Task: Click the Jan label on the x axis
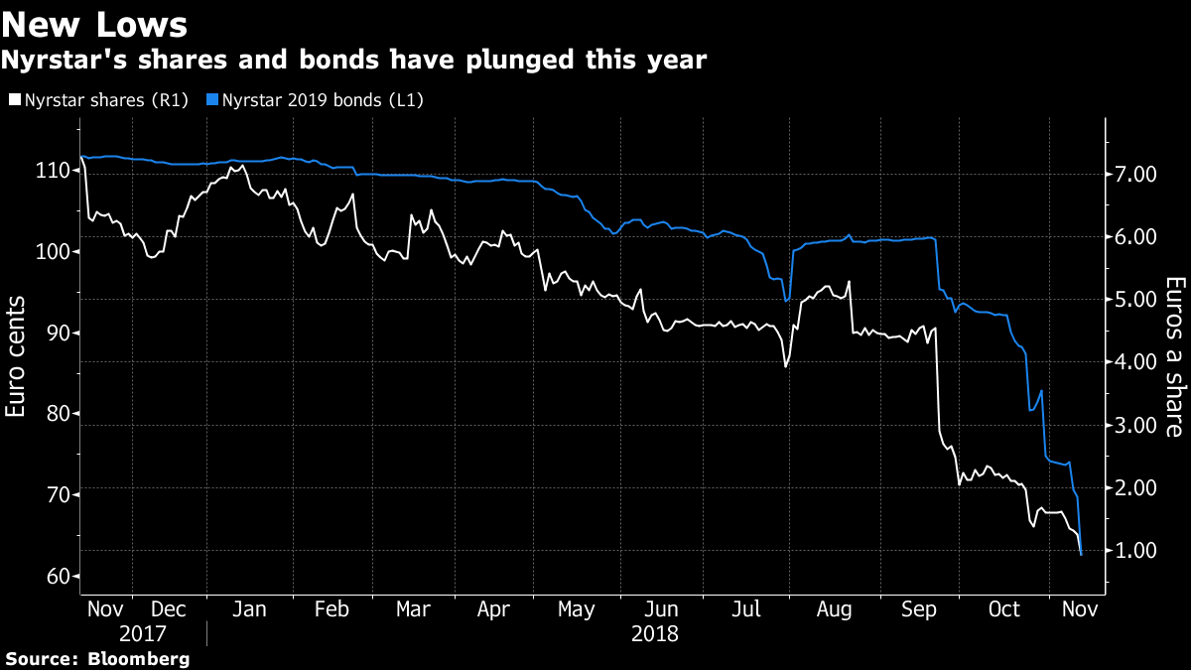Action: point(249,609)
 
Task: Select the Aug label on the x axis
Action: point(833,609)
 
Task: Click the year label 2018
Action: point(656,633)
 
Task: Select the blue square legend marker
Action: point(211,99)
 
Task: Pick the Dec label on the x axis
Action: point(167,609)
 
